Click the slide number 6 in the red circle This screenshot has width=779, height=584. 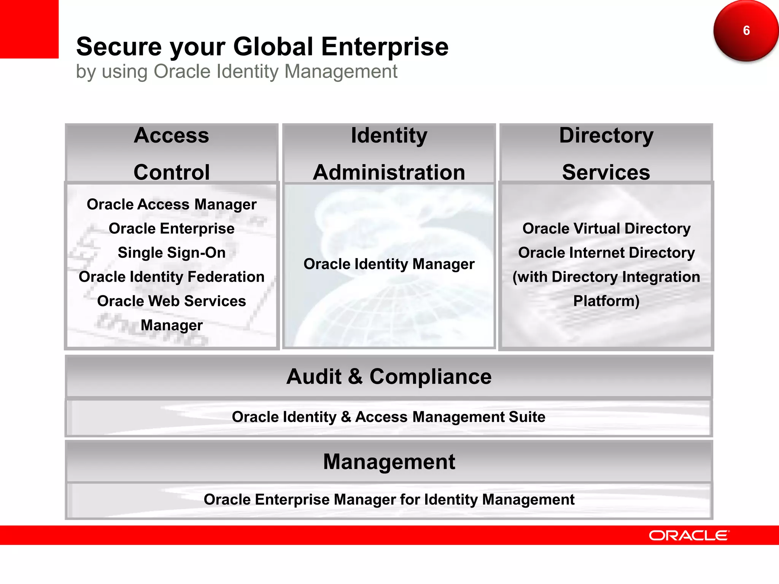click(x=746, y=30)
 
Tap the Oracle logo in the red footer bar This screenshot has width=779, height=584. click(x=689, y=535)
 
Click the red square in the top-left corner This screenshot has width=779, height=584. click(x=29, y=29)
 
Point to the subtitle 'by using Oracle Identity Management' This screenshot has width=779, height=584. click(x=237, y=71)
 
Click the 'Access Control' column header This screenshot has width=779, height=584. click(x=172, y=153)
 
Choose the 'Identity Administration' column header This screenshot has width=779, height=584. click(x=389, y=153)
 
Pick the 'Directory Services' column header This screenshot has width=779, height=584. click(x=606, y=153)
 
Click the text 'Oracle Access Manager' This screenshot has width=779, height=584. click(x=172, y=205)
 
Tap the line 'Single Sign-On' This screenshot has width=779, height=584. click(x=172, y=253)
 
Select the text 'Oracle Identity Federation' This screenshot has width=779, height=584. click(x=172, y=277)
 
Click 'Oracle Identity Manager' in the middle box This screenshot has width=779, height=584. click(x=389, y=264)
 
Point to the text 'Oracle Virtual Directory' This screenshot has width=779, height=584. click(x=606, y=229)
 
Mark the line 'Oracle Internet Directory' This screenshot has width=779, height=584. click(x=606, y=253)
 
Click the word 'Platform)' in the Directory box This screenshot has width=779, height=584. click(x=606, y=301)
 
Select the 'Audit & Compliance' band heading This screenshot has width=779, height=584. click(x=389, y=377)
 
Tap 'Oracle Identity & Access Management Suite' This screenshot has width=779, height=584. click(x=389, y=417)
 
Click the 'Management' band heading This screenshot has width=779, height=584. click(x=389, y=462)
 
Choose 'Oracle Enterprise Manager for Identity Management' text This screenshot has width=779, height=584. click(x=389, y=500)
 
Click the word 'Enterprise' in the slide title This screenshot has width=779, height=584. click(x=385, y=47)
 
